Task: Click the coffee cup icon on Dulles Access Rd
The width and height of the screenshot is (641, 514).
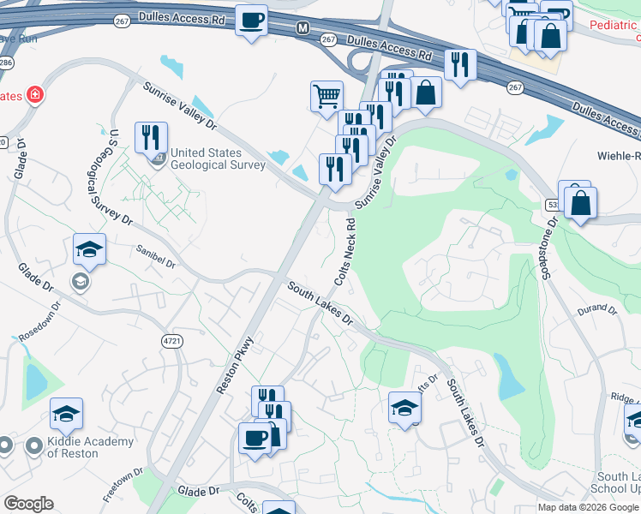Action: click(x=251, y=21)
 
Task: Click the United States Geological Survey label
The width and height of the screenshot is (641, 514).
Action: click(x=218, y=158)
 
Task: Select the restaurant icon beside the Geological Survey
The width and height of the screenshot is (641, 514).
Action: click(x=151, y=137)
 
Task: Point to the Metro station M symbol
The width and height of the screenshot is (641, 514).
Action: click(x=302, y=28)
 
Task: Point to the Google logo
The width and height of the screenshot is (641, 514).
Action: click(x=28, y=504)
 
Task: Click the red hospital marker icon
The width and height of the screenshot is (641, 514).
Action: click(x=35, y=94)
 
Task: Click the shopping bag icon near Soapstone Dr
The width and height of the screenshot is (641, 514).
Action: click(x=580, y=203)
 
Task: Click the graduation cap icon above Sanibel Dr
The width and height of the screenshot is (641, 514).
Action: click(x=89, y=249)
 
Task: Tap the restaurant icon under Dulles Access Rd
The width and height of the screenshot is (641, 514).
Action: click(x=460, y=64)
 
